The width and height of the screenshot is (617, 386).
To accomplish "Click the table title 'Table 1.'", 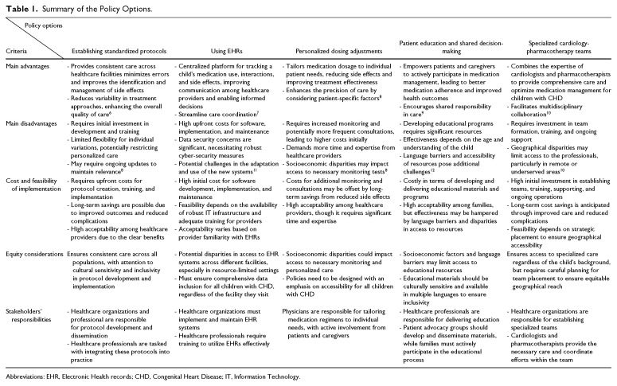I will point(20,9).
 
